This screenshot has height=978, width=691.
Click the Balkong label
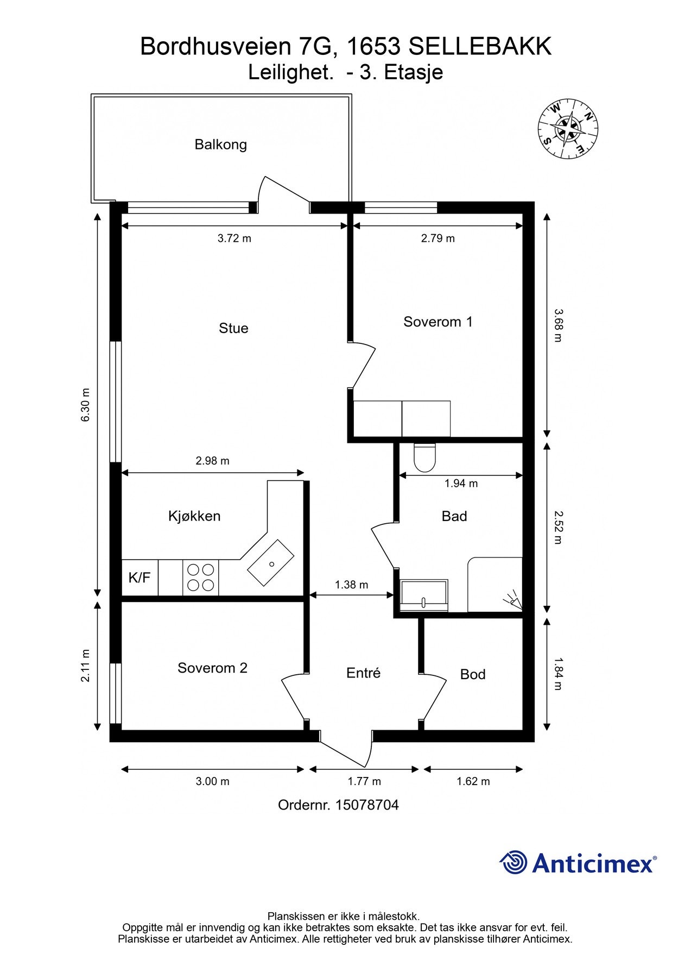[220, 145]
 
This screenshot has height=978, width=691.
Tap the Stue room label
[233, 328]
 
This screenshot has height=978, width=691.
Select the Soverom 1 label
[438, 322]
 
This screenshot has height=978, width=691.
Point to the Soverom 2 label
[212, 668]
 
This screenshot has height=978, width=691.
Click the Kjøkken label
[194, 516]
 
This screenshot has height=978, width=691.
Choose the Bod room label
[472, 674]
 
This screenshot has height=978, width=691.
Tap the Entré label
[363, 673]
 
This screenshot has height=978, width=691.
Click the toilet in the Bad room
[424, 457]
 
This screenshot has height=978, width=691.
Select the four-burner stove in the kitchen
[200, 578]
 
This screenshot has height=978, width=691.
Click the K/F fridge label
[140, 578]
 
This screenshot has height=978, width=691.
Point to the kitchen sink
[271, 563]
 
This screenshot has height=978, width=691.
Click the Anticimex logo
[578, 862]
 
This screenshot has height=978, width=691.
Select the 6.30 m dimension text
[85, 405]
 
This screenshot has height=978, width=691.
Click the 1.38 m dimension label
[351, 585]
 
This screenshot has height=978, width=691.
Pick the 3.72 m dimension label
[234, 238]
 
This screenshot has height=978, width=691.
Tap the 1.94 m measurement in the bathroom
[461, 483]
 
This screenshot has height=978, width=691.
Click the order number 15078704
[367, 805]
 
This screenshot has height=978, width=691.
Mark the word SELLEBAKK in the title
[480, 47]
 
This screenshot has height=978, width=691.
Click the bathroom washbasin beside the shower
[424, 595]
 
